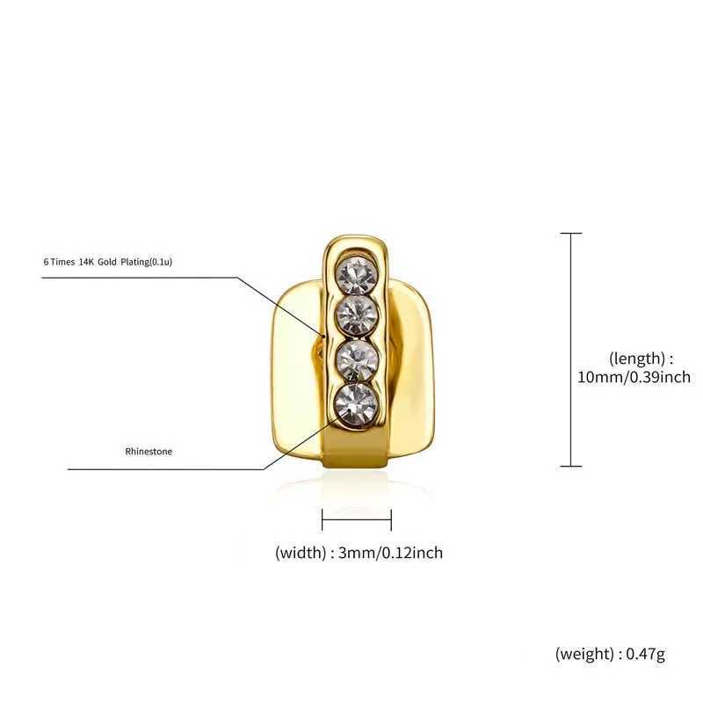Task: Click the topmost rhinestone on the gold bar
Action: click(x=358, y=276)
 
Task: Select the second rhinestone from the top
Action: click(x=358, y=315)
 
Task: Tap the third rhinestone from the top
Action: click(x=358, y=359)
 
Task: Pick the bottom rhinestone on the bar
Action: click(x=357, y=403)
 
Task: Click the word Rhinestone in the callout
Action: click(x=149, y=452)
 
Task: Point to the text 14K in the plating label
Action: click(x=86, y=262)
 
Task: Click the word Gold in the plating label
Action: click(x=107, y=262)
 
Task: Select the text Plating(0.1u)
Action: click(x=146, y=262)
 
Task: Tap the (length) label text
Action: click(x=641, y=359)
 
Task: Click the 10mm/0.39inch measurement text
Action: click(x=634, y=377)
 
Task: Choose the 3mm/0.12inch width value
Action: click(x=390, y=553)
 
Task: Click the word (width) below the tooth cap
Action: click(x=301, y=553)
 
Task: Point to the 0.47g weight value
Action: click(x=645, y=654)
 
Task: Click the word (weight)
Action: click(x=584, y=654)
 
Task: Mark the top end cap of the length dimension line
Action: click(x=570, y=233)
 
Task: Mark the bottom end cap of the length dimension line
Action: click(x=570, y=467)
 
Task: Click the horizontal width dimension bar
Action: click(x=357, y=519)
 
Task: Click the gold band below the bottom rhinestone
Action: click(x=356, y=446)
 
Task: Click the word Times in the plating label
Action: click(x=62, y=262)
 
